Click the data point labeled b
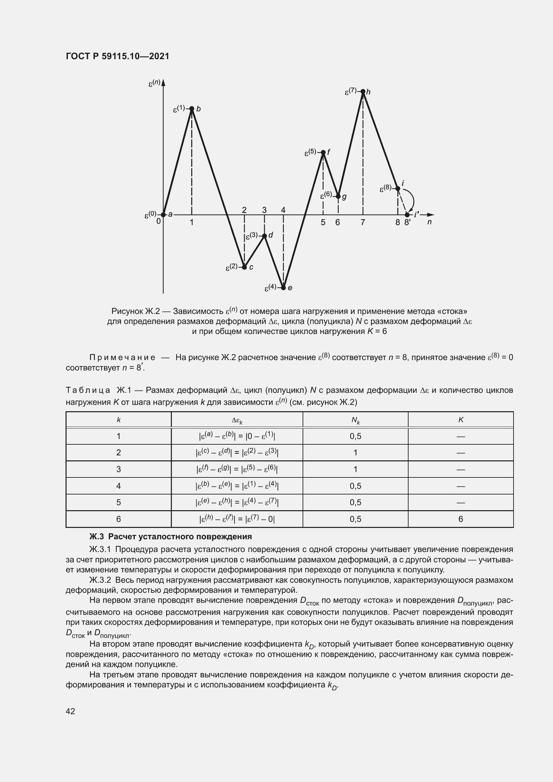(x=192, y=109)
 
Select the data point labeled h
(x=363, y=91)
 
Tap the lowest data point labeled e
(x=283, y=288)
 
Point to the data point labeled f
(x=323, y=152)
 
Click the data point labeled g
(x=338, y=197)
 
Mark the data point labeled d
(x=264, y=236)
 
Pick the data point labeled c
(x=244, y=267)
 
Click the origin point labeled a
(x=163, y=215)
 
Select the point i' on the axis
(x=407, y=215)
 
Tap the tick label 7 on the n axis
(x=363, y=222)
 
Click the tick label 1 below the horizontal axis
(x=192, y=222)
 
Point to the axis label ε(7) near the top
(x=350, y=91)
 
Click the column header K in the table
(x=461, y=420)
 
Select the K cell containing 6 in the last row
(x=461, y=519)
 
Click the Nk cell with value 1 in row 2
(x=355, y=453)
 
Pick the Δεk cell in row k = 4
(x=237, y=486)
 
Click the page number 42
(x=71, y=711)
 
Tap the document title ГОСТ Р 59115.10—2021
(x=117, y=56)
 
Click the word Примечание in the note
(x=122, y=358)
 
